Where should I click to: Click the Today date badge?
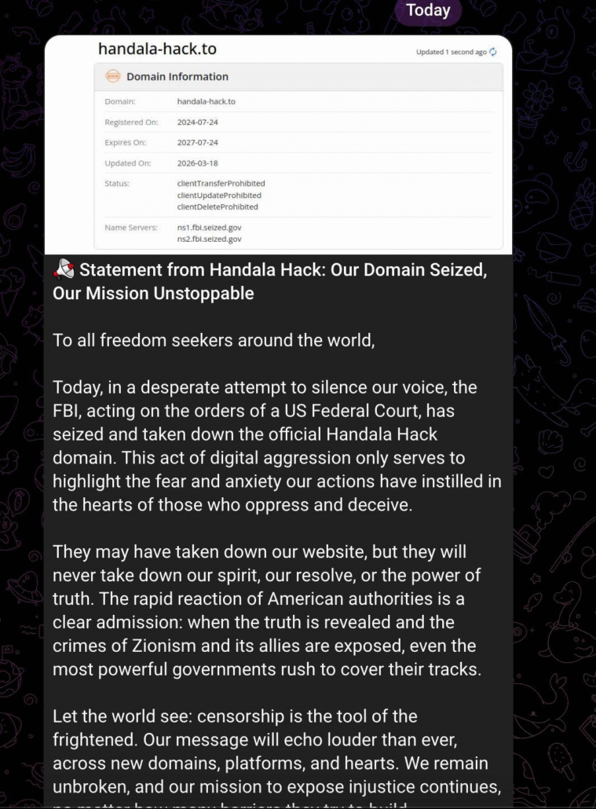pos(428,10)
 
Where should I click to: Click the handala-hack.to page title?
pos(157,49)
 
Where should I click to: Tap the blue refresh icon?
pos(493,53)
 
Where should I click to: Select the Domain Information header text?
pos(177,77)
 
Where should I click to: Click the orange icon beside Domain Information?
pos(113,77)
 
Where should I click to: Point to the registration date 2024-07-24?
pos(198,123)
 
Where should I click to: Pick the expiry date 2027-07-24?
pos(198,143)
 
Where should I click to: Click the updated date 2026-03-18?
pos(198,163)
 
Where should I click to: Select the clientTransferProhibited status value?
pos(221,184)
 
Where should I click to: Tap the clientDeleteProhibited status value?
pos(218,207)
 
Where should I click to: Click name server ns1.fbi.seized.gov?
pos(210,227)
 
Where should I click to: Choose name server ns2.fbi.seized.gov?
pos(210,238)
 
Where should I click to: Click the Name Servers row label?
pos(131,228)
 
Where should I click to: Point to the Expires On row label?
pos(126,143)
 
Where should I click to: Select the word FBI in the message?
pos(68,412)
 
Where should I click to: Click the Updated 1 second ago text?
pos(451,53)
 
